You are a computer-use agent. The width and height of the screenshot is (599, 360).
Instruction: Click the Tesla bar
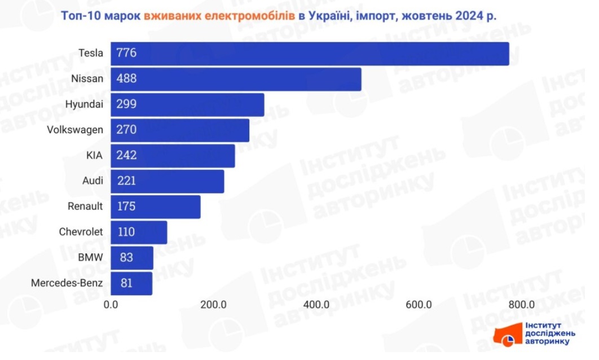[x=310, y=54]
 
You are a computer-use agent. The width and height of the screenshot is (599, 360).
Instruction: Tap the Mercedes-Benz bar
[x=131, y=283]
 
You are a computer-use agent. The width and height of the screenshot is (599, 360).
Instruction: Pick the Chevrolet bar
[x=139, y=232]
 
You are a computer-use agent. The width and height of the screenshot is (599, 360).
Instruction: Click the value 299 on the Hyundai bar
[x=127, y=104]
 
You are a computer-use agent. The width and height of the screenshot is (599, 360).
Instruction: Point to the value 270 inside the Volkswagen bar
[x=127, y=130]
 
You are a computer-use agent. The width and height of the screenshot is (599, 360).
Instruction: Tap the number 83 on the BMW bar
[x=127, y=258]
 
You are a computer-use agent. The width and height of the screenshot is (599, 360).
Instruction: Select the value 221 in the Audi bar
[x=127, y=181]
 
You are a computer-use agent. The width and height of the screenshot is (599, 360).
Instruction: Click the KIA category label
[x=95, y=156]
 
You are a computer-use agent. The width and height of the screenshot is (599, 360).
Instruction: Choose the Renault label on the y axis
[x=85, y=207]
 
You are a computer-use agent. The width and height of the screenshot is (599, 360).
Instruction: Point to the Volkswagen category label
[x=75, y=130]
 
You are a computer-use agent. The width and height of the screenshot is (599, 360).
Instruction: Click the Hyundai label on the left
[x=84, y=104]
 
